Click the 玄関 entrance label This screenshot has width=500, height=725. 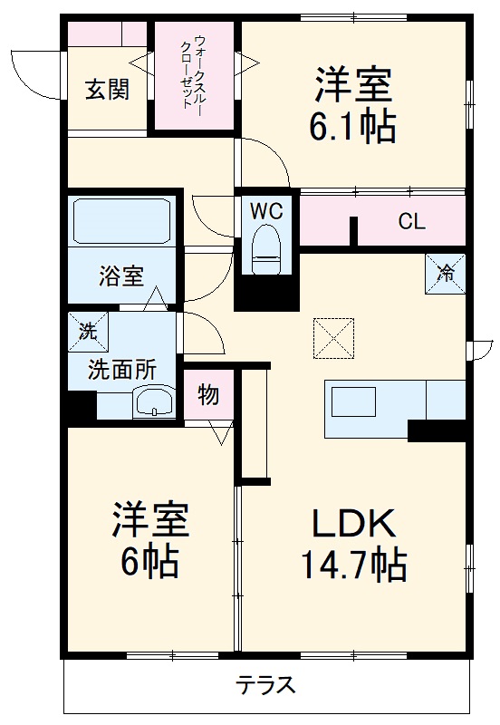point(107,89)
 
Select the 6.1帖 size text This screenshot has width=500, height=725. point(352,128)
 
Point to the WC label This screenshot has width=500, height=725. point(267,211)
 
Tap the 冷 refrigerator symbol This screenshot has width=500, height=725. point(447,271)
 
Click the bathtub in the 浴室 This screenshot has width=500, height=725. point(122,221)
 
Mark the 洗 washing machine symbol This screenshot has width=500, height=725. point(87,331)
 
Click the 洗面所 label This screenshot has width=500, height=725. point(121,369)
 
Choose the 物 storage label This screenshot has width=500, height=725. point(207,394)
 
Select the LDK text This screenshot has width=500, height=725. point(353,524)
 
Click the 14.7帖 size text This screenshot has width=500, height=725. point(353,565)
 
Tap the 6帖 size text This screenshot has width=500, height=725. point(149,563)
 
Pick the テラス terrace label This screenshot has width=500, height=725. point(266,685)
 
